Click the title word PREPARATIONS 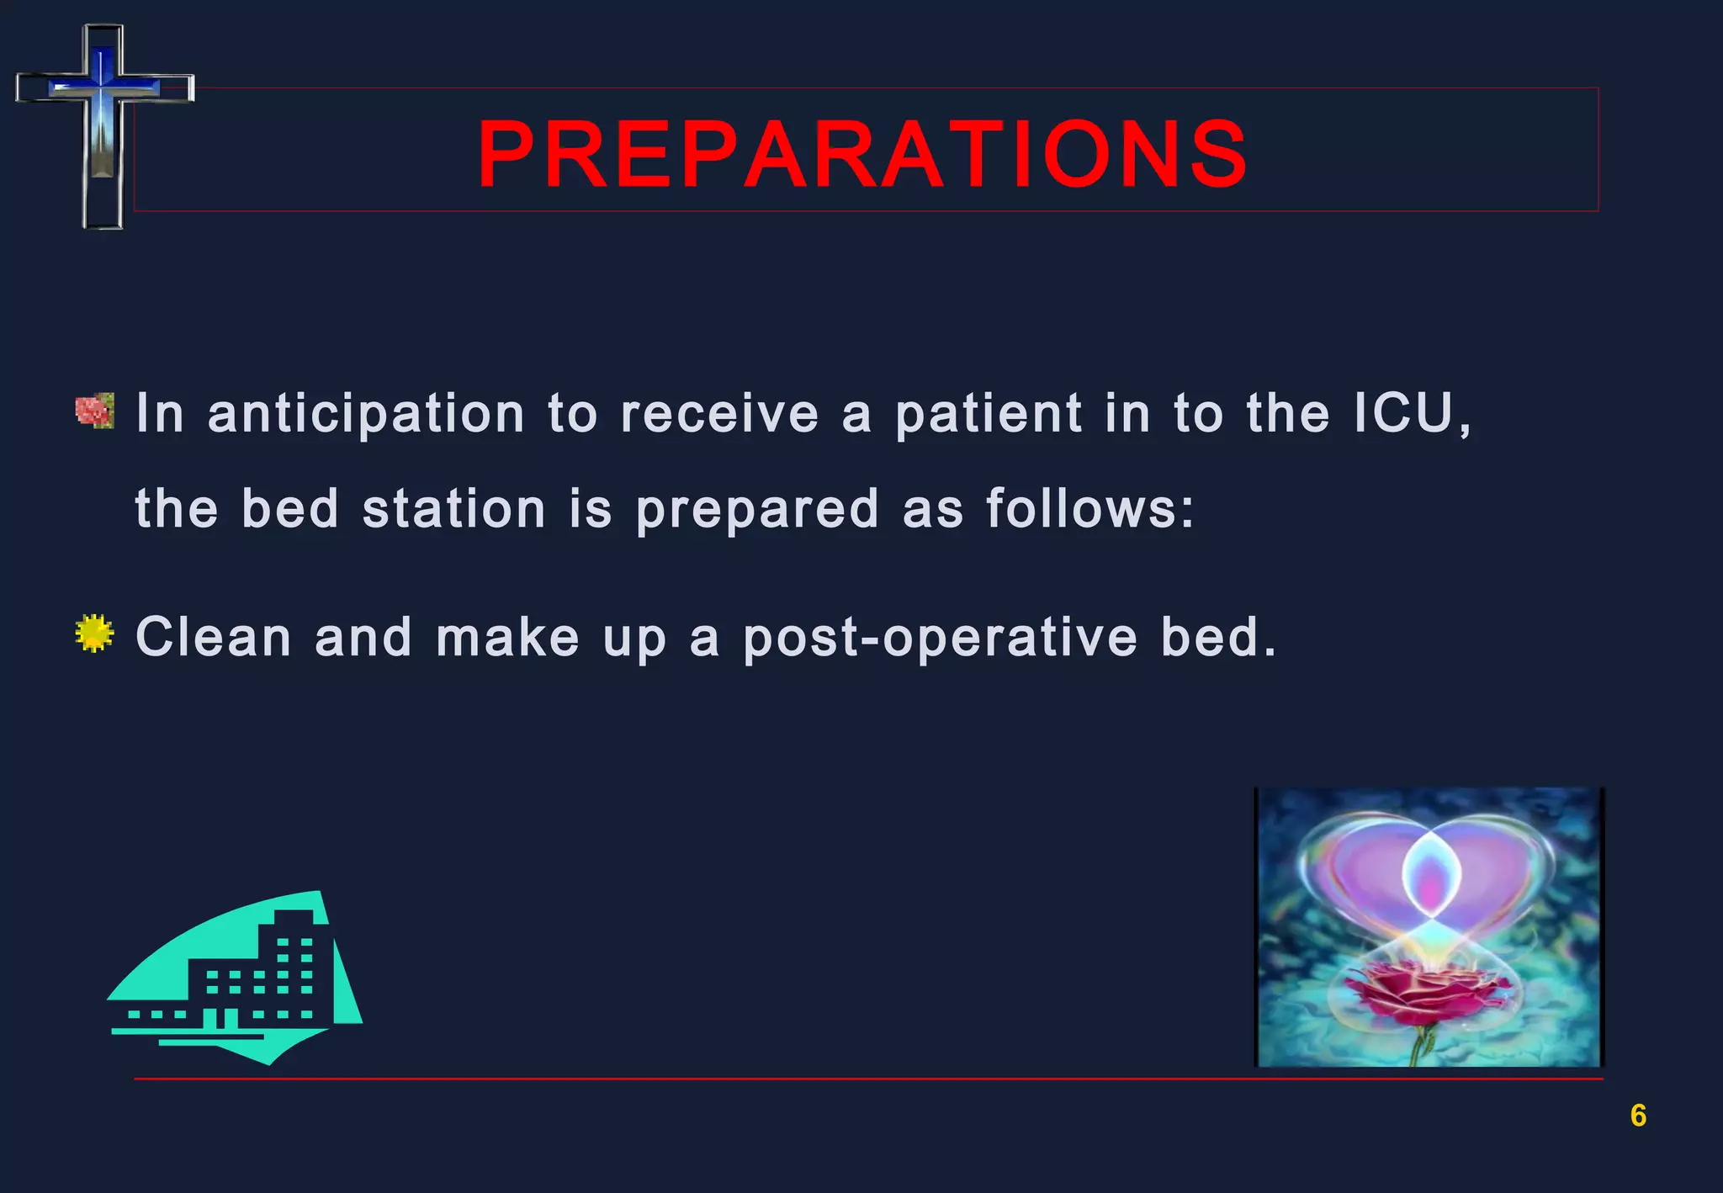[x=862, y=155]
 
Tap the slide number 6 [x=1637, y=1116]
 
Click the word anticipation [x=366, y=415]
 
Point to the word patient [x=989, y=415]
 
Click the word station [x=454, y=510]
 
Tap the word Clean [x=214, y=637]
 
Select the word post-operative [x=941, y=639]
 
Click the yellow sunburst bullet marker [x=93, y=634]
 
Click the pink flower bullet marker [x=94, y=411]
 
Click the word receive [x=719, y=414]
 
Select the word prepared [x=757, y=511]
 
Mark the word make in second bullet [x=507, y=637]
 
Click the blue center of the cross [x=103, y=84]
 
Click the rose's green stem [x=1420, y=1047]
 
